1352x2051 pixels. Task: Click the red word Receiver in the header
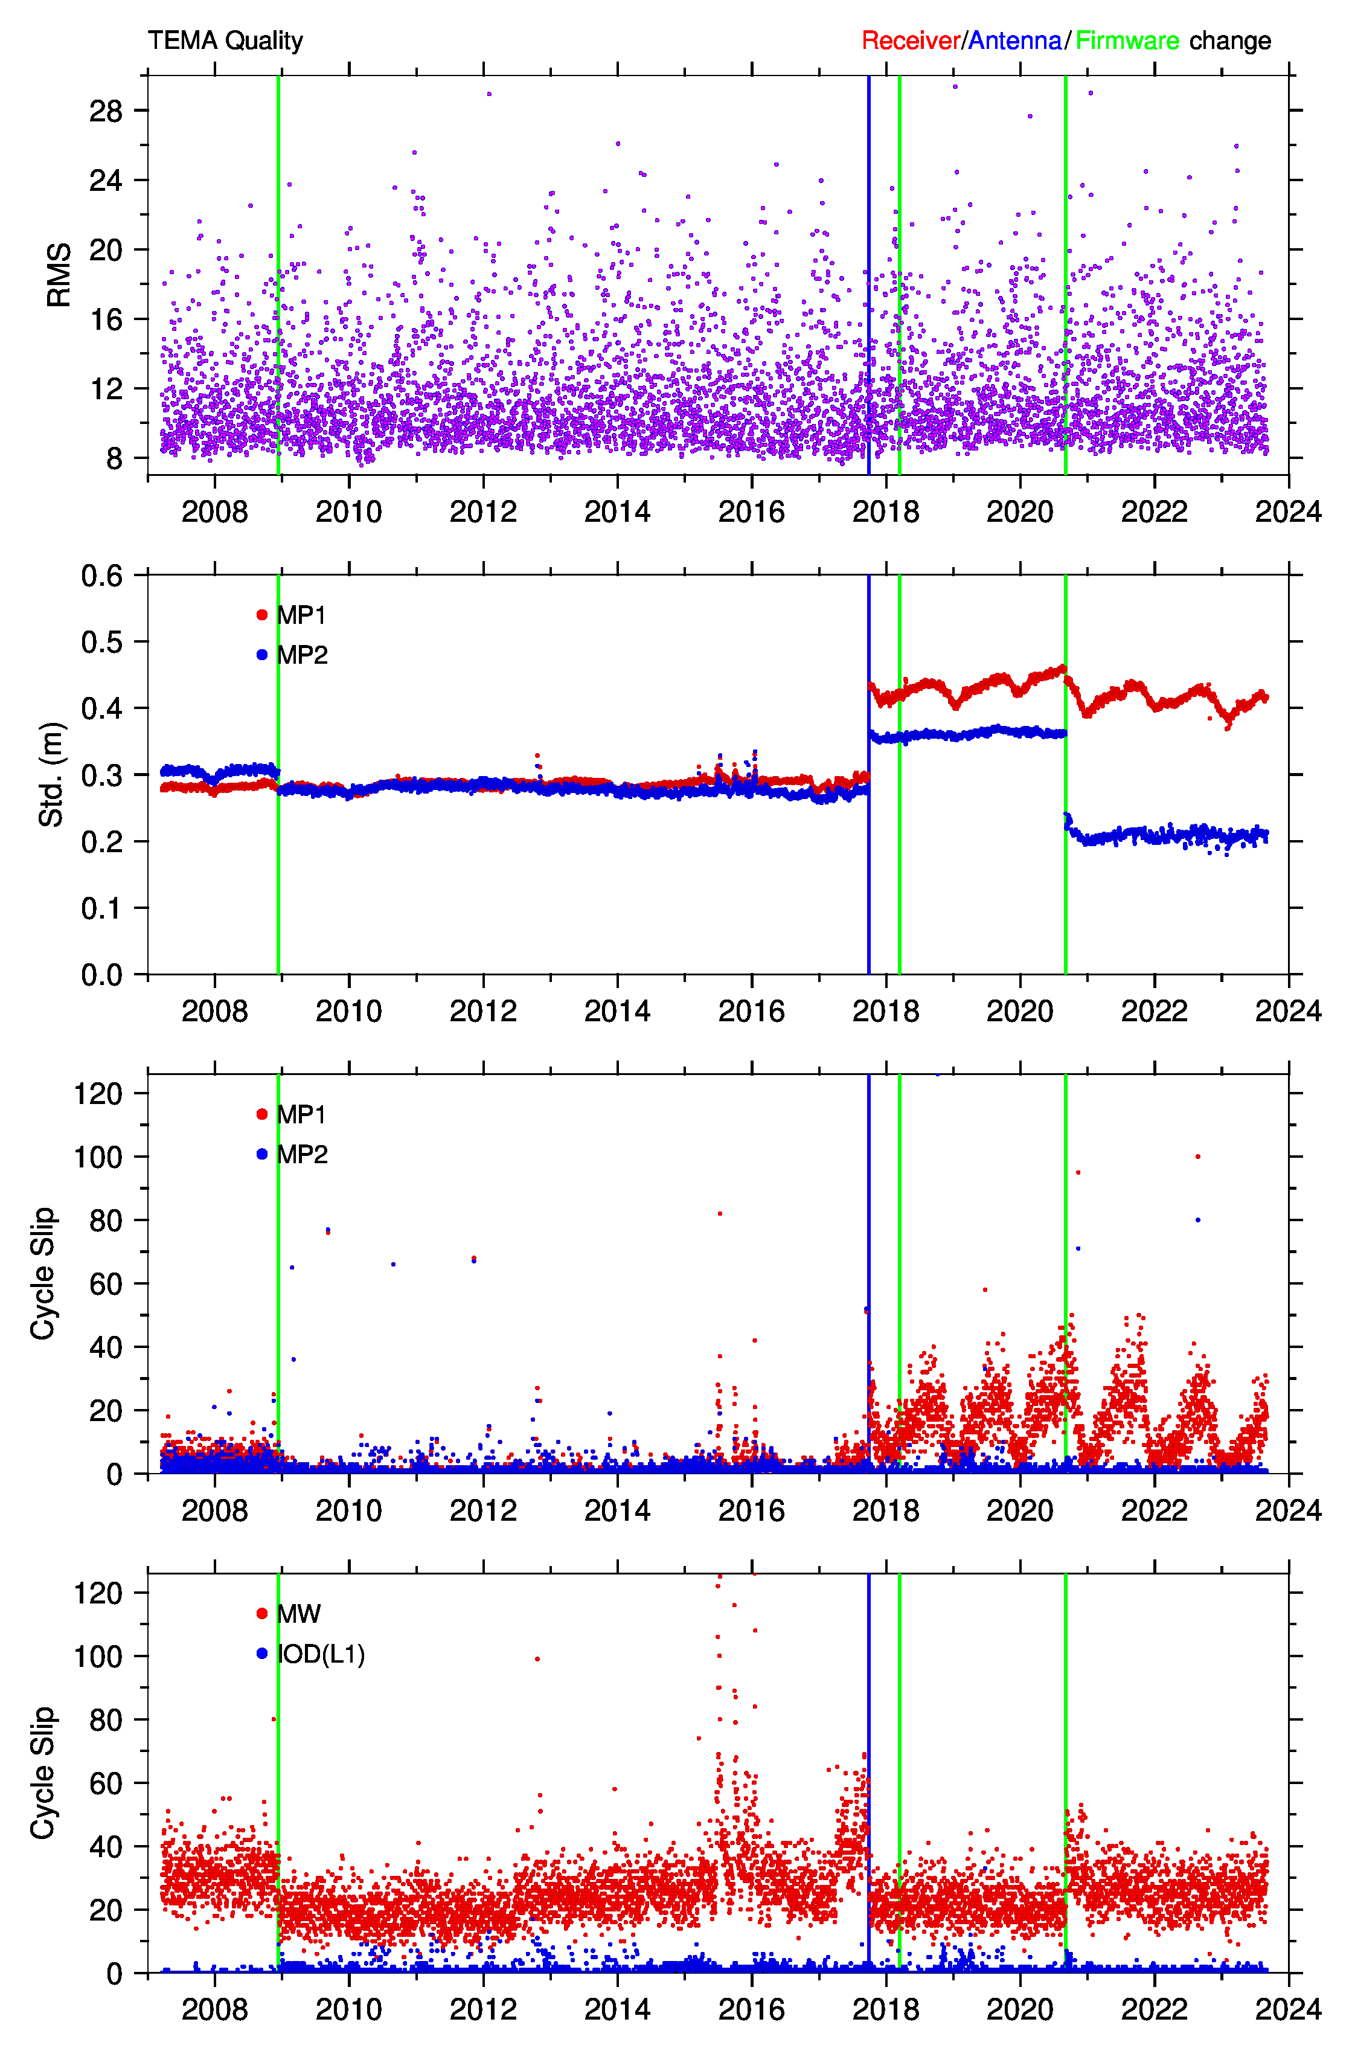[911, 40]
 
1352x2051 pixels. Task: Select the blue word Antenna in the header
[1015, 40]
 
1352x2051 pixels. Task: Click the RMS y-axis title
[59, 275]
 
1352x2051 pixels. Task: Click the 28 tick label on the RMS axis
[106, 111]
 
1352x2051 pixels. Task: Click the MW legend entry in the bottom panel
[288, 1614]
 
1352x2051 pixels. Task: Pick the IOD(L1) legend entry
[310, 1654]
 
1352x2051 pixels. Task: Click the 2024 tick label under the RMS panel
[1288, 512]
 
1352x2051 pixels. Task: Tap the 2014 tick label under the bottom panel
[617, 2009]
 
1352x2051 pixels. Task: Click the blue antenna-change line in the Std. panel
[868, 774]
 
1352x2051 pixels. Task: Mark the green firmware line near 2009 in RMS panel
[278, 275]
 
